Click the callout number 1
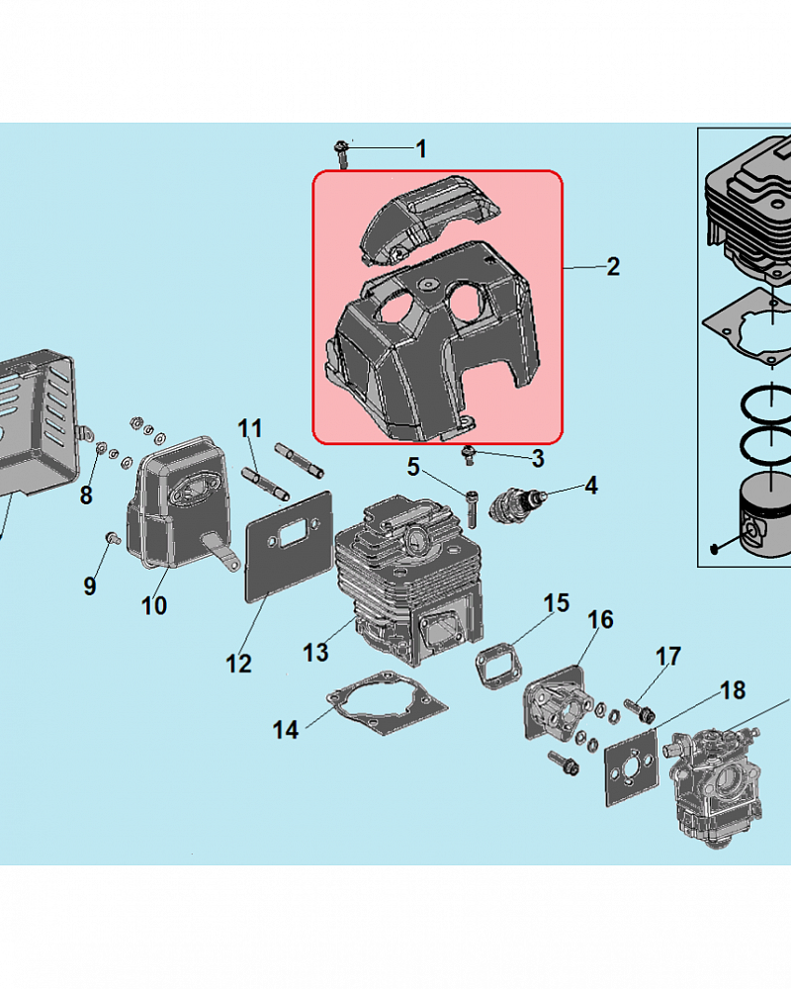coord(421,149)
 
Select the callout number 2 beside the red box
coord(613,266)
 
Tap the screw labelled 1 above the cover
coord(341,150)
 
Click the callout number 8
coord(86,494)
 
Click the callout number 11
coord(251,429)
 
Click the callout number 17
coord(668,656)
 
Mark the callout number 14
coord(286,730)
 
